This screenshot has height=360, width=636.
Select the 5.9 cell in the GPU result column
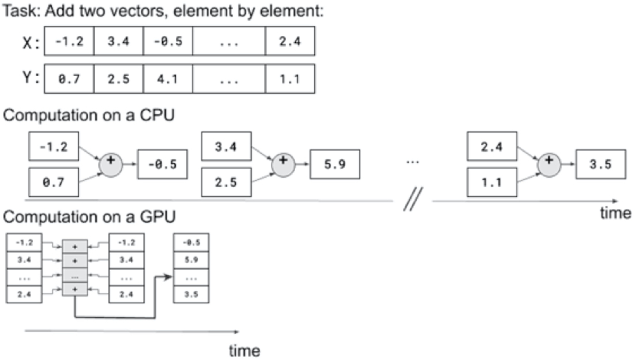tap(190, 260)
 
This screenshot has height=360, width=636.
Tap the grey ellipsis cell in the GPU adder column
tap(75, 276)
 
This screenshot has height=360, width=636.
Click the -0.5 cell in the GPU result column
tap(190, 242)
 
